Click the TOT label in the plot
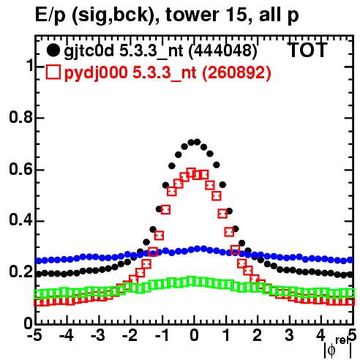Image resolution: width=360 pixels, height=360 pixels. [x=308, y=50]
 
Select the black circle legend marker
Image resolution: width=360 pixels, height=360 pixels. [x=53, y=50]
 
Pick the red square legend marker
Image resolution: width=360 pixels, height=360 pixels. [x=53, y=72]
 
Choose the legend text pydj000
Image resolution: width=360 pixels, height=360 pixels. [x=96, y=73]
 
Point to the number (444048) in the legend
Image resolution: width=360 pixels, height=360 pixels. [x=223, y=51]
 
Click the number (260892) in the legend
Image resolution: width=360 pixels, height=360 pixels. [x=237, y=72]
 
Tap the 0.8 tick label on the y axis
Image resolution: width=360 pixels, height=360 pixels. [x=20, y=117]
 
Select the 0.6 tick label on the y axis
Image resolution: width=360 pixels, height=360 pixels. [x=20, y=169]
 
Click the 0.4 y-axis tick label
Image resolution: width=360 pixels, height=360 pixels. [x=20, y=220]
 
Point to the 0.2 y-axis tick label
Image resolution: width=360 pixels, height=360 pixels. [x=20, y=271]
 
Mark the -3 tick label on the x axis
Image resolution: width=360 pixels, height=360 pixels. [x=98, y=336]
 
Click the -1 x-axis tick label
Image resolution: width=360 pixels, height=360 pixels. [x=162, y=336]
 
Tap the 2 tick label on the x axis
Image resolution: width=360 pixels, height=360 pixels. [x=258, y=336]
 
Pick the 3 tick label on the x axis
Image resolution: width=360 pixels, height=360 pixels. [x=289, y=336]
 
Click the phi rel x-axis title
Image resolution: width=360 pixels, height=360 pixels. [x=338, y=348]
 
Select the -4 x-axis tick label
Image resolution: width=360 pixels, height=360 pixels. [x=67, y=336]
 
